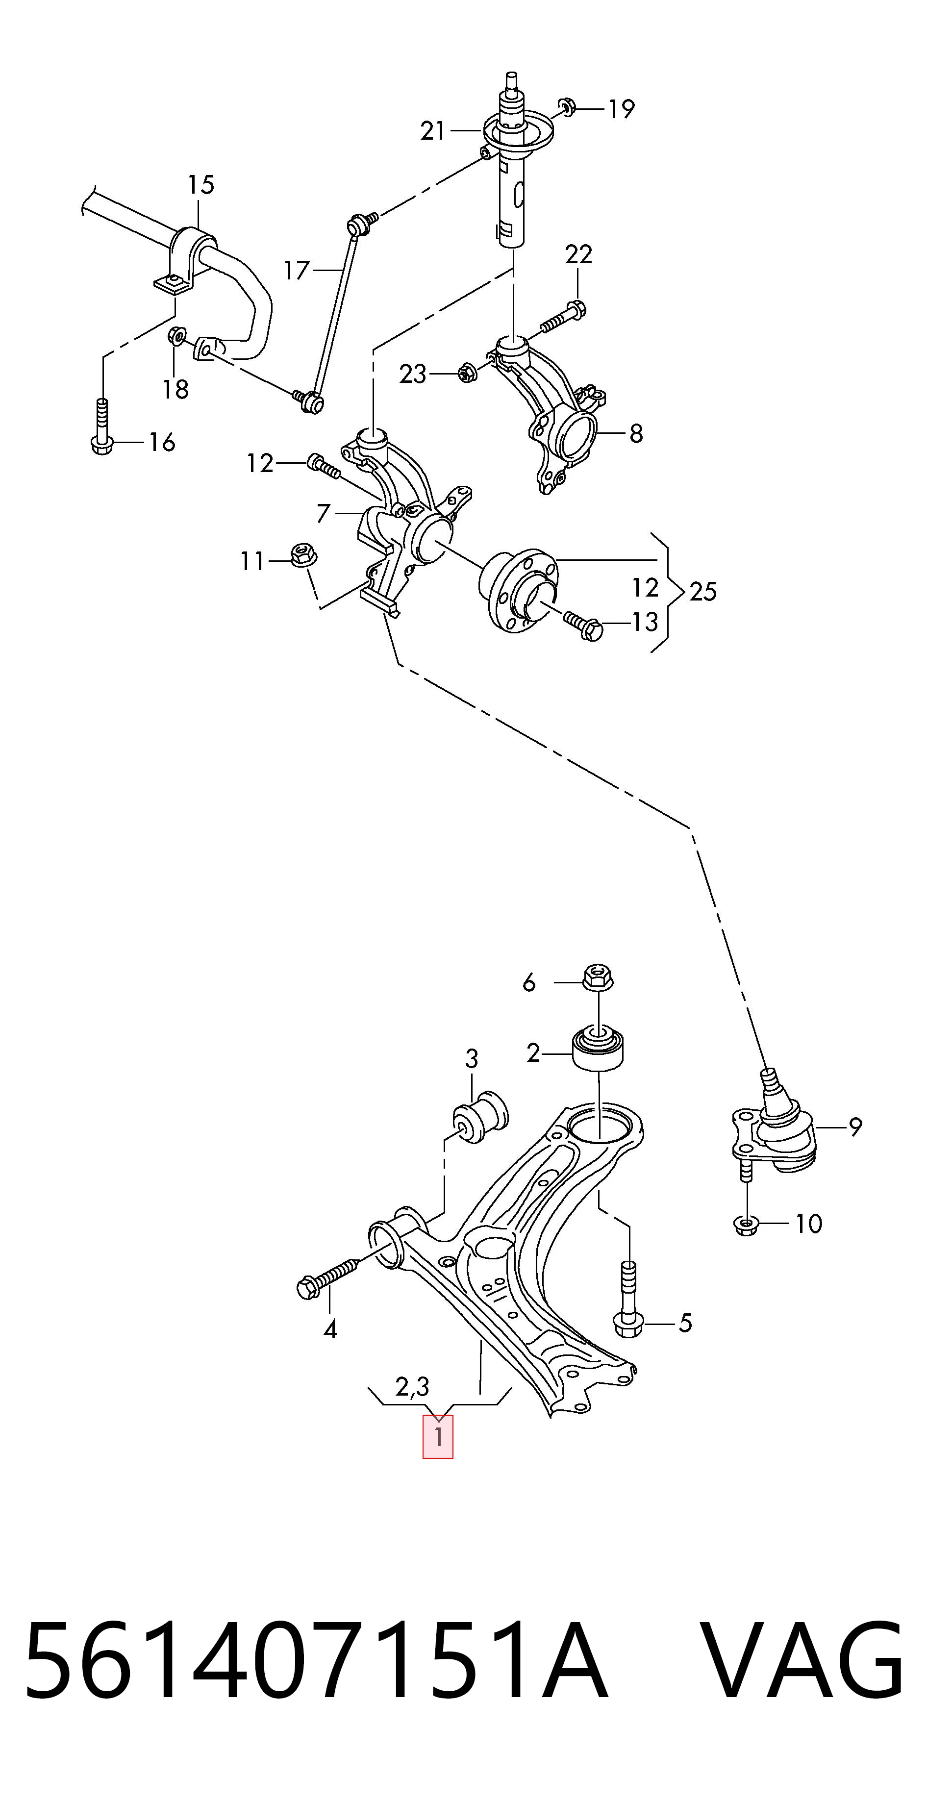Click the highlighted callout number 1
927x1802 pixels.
438,1437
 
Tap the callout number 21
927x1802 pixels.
432,131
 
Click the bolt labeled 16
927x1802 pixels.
102,426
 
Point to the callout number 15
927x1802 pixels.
201,185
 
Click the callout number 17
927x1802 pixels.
296,270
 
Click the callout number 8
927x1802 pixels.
635,434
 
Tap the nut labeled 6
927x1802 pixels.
597,977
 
